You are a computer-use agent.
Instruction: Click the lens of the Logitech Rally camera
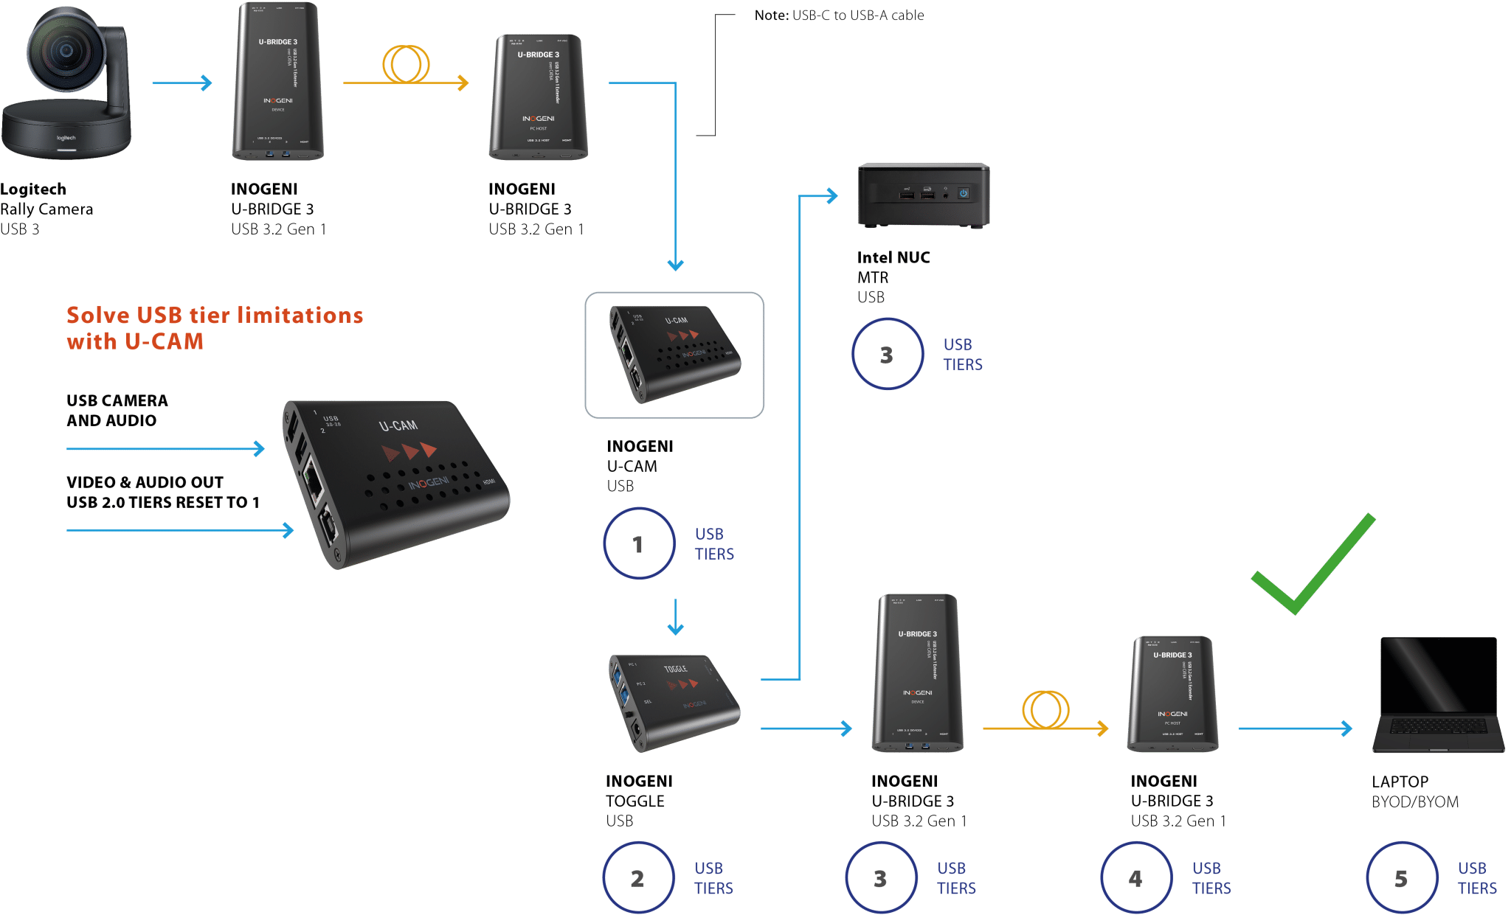pos(65,51)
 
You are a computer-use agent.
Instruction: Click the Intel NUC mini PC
pos(923,195)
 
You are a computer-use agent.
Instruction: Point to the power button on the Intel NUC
pos(963,193)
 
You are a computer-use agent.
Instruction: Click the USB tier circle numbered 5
pos(1401,877)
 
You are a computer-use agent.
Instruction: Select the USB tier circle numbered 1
pos(638,543)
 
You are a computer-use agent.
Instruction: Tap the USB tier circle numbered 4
pos(1135,877)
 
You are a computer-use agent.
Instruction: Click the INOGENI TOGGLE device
pos(673,701)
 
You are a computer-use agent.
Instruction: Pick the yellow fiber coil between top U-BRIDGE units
pos(406,64)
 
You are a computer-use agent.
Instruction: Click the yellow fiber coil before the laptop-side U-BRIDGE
pos(1045,709)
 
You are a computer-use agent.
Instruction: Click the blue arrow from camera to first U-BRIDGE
pos(181,83)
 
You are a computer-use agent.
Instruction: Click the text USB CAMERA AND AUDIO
pos(117,410)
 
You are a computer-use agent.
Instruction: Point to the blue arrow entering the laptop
pos(1295,728)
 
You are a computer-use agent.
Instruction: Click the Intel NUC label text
pos(893,257)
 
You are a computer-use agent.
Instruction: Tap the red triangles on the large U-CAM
pos(409,450)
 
